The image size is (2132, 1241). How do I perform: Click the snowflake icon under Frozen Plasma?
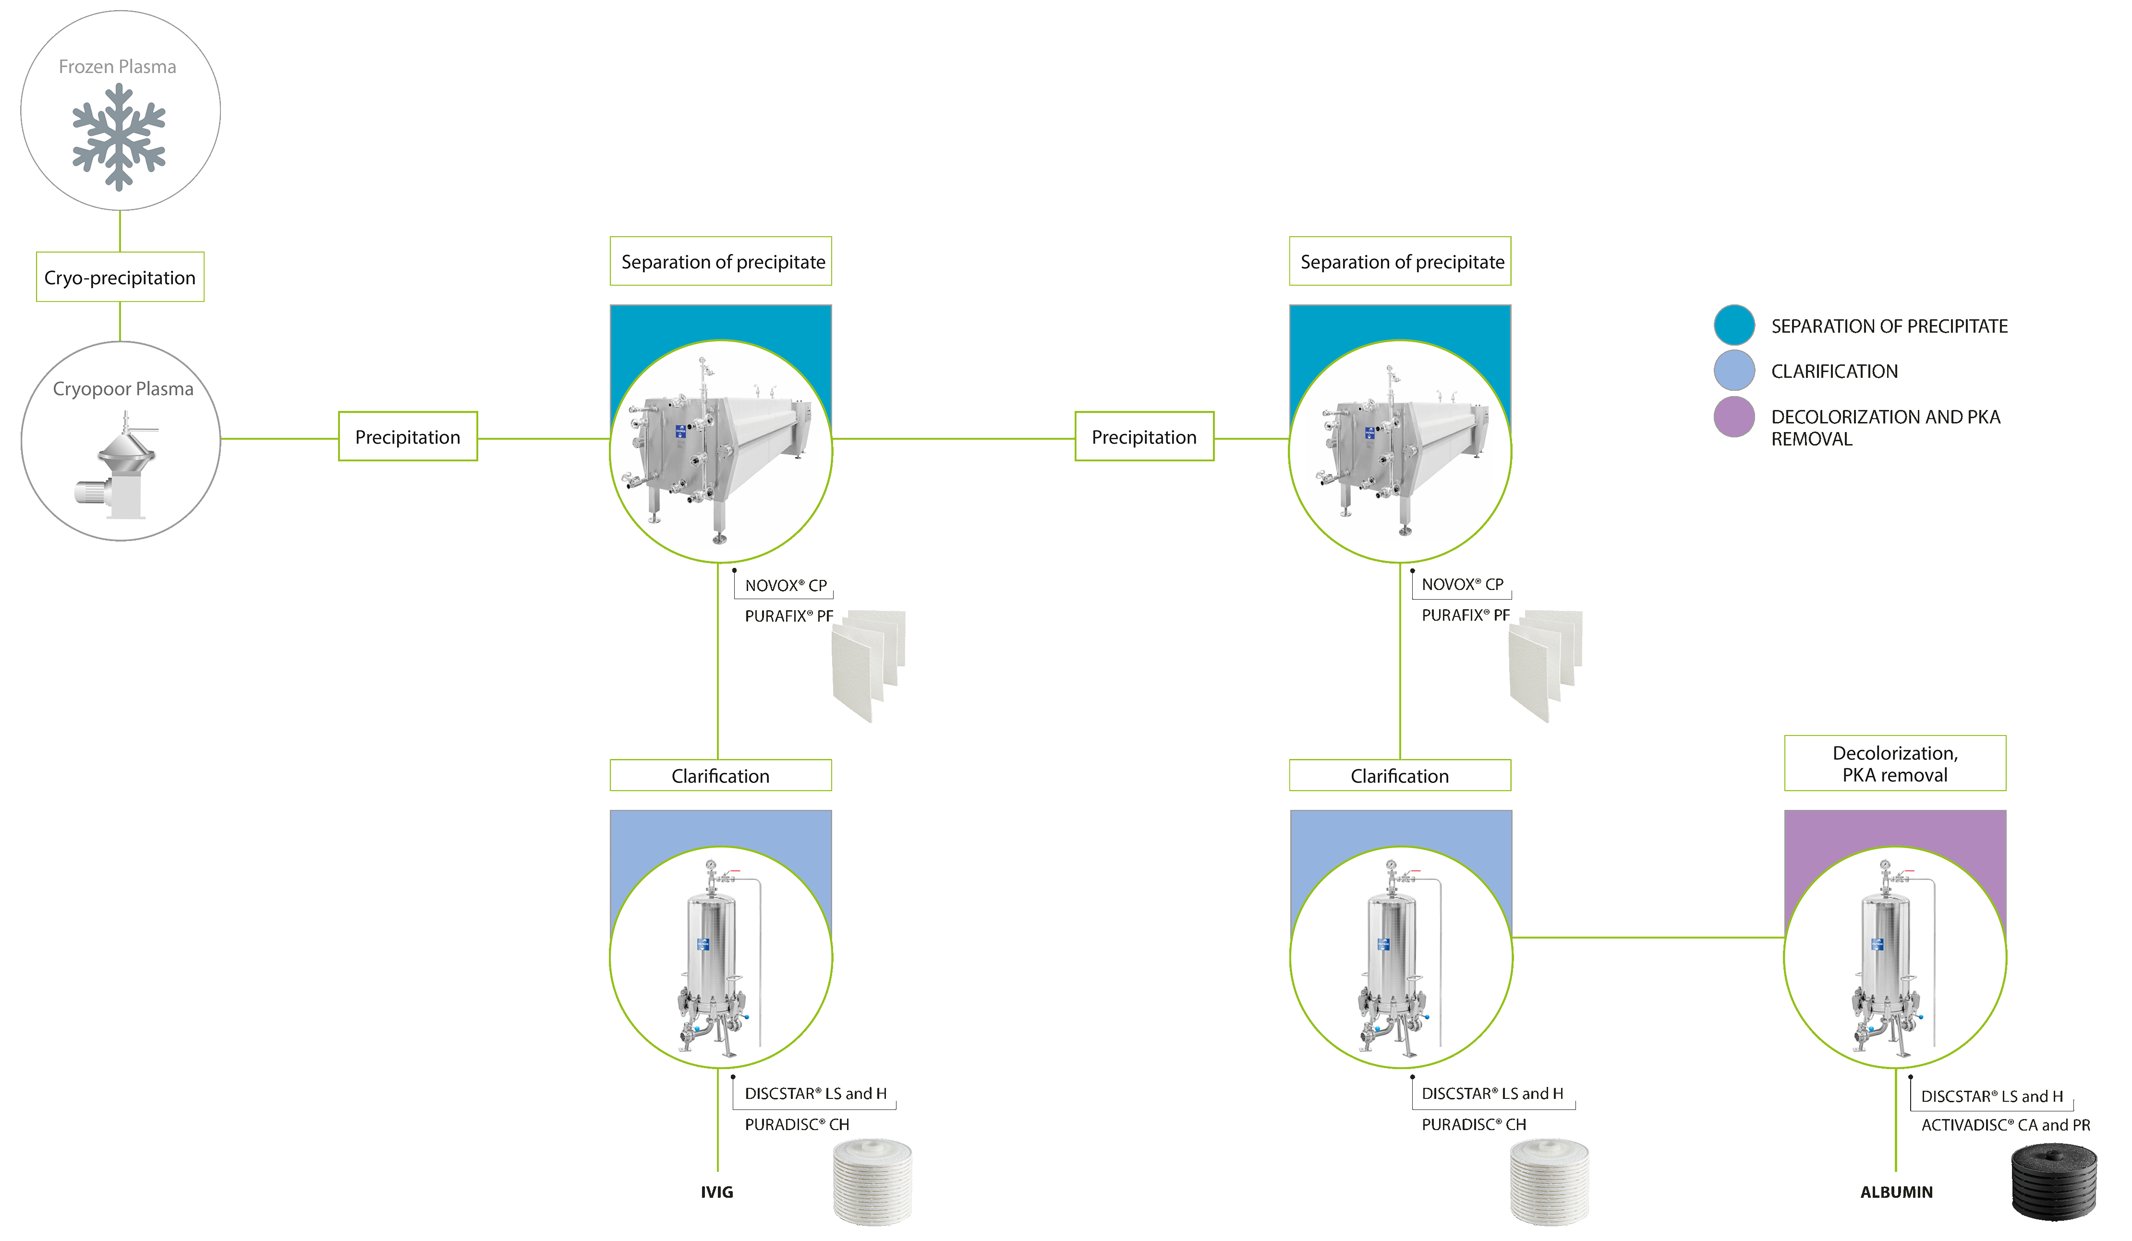(119, 136)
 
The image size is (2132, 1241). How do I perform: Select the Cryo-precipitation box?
(120, 277)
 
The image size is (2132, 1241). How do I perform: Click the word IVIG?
(716, 1192)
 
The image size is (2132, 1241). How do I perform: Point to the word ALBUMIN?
(1896, 1192)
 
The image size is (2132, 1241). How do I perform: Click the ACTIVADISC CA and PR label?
(2005, 1125)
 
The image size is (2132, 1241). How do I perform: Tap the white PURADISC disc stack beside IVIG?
(872, 1182)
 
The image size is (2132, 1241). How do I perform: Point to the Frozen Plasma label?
(118, 67)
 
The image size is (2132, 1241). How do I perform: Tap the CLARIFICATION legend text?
(1834, 372)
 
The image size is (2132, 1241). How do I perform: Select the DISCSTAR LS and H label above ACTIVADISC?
(1992, 1096)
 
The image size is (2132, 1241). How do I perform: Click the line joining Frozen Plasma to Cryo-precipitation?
(120, 231)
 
